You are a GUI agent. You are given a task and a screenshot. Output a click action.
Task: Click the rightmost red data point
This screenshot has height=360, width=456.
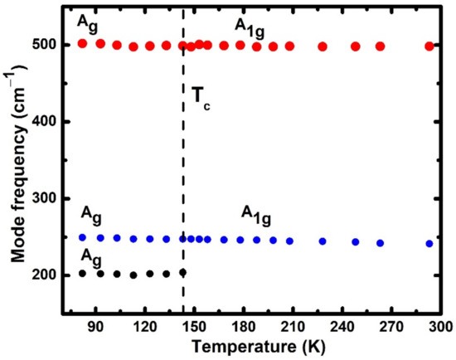click(x=429, y=46)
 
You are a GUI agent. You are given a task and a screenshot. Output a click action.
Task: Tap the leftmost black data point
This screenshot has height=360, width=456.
click(x=82, y=273)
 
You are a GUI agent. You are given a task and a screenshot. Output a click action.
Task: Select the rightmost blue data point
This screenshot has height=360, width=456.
click(x=429, y=244)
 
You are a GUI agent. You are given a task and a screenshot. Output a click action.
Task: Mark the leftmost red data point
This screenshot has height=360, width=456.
click(x=82, y=43)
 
